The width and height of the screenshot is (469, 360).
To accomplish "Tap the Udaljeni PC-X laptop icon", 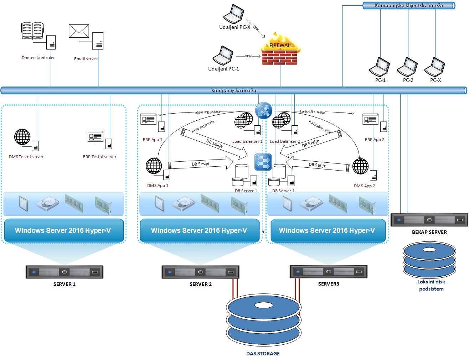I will (x=234, y=14).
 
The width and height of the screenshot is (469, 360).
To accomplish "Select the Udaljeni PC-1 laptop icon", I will (x=223, y=56).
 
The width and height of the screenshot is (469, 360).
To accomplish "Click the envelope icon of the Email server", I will (x=79, y=31).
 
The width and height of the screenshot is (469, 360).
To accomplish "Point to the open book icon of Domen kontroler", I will (x=32, y=31).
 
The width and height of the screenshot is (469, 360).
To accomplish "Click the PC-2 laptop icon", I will (x=407, y=67).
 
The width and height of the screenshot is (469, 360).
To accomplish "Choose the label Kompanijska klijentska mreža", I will (x=408, y=5).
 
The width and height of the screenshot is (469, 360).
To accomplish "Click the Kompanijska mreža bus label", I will (x=233, y=90).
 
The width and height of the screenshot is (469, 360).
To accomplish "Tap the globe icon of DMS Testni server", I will (x=22, y=137).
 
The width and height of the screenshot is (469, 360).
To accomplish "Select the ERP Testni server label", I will (x=100, y=157).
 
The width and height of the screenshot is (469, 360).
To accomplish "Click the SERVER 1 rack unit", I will (x=65, y=272).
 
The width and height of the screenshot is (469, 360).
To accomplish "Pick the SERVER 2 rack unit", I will (x=200, y=272).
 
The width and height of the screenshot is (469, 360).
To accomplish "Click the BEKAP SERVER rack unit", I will (x=429, y=220).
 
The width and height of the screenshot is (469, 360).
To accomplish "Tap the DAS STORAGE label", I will (x=263, y=354).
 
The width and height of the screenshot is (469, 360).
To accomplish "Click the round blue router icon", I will (x=264, y=110).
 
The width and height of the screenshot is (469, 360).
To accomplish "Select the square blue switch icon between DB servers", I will (x=263, y=162).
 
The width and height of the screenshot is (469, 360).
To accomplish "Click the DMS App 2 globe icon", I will (x=360, y=166).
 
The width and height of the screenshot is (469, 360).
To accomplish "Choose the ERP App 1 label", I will (x=153, y=140).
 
